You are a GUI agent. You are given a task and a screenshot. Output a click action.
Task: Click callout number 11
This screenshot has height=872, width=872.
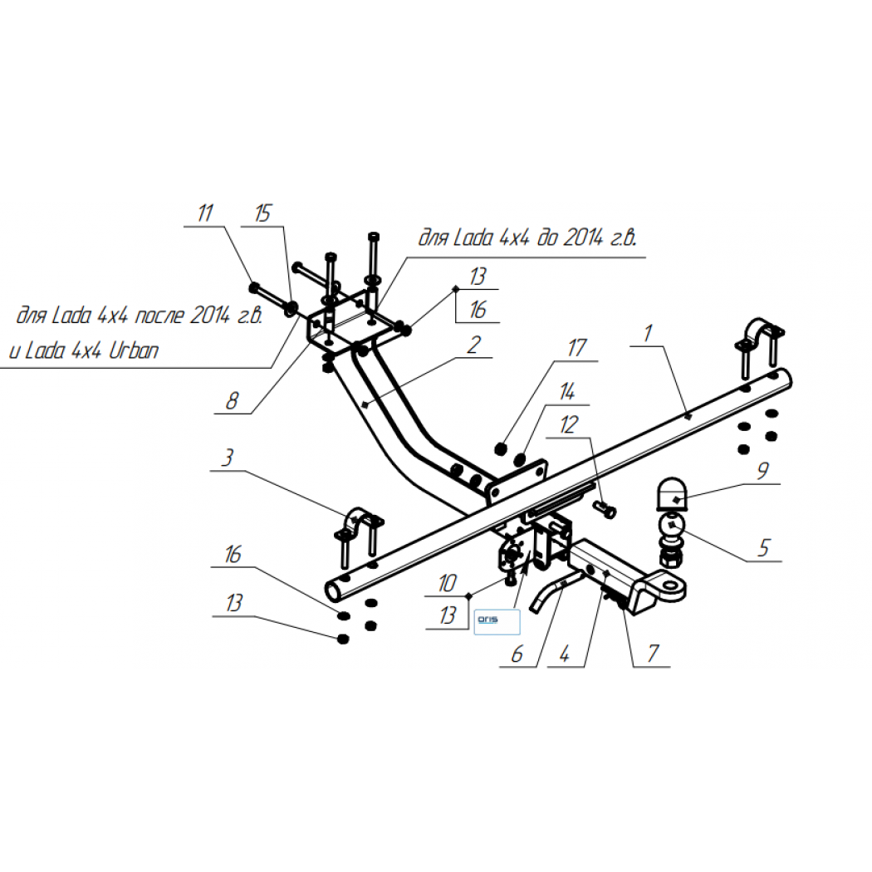(205, 213)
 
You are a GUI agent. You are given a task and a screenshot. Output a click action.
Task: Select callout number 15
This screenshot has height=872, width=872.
(262, 213)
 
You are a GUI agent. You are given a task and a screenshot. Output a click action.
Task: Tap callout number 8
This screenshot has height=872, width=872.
(232, 400)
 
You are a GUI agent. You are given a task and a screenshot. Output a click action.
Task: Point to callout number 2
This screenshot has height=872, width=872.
(474, 345)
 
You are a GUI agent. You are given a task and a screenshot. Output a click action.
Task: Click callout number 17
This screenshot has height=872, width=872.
(576, 348)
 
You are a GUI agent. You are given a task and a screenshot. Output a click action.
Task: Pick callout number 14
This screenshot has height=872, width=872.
(566, 391)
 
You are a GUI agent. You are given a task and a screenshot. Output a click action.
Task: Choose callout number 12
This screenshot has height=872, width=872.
(569, 425)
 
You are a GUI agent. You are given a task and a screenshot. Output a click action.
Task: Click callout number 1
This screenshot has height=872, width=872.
(647, 333)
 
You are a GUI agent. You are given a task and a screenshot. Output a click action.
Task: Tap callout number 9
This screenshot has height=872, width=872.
(763, 471)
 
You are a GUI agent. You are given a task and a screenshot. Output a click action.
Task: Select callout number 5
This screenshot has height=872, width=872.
(764, 548)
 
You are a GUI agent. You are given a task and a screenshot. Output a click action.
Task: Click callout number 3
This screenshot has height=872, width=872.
(228, 458)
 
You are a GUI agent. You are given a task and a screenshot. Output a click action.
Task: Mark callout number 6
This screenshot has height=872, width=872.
(517, 654)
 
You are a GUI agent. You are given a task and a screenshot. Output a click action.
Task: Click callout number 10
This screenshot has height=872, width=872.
(447, 583)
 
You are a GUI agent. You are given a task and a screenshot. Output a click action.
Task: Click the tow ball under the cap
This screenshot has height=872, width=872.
(672, 527)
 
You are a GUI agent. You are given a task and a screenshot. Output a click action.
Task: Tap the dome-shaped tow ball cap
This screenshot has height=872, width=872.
(672, 494)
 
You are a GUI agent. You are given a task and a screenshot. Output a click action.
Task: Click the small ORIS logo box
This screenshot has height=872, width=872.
(497, 622)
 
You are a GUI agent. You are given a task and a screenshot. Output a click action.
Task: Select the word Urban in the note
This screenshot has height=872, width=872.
(134, 350)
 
